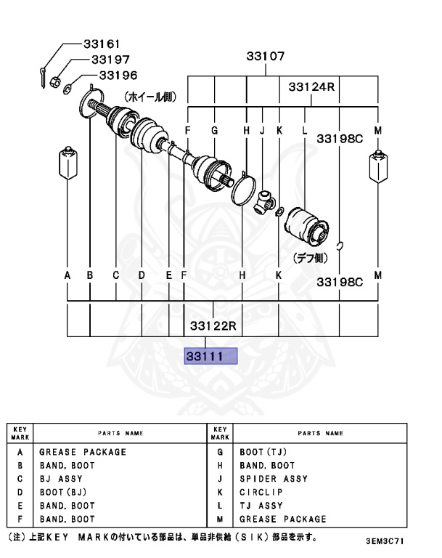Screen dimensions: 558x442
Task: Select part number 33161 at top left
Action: (102, 44)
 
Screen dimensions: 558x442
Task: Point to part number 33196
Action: (118, 75)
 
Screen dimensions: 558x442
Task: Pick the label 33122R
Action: (214, 325)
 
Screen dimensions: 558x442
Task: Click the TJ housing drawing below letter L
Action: (306, 229)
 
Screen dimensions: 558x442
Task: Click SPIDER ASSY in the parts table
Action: (274, 479)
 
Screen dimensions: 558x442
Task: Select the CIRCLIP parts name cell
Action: (262, 493)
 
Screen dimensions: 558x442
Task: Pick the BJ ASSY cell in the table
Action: (61, 479)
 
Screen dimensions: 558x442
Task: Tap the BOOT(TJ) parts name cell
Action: (264, 452)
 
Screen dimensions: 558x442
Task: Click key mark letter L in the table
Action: (219, 506)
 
